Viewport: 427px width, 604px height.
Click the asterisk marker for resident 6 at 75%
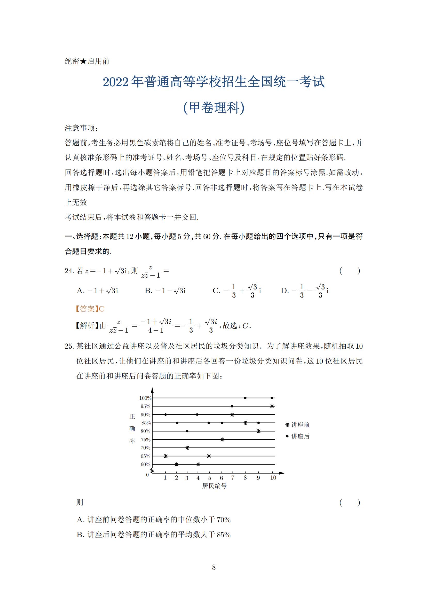pyautogui.click(x=222, y=439)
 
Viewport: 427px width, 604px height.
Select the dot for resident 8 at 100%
pyautogui.click(x=245, y=398)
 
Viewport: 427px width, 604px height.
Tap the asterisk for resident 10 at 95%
pyautogui.click(x=272, y=406)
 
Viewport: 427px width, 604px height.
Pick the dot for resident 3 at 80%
pyautogui.click(x=187, y=431)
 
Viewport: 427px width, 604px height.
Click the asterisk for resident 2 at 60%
pyautogui.click(x=176, y=464)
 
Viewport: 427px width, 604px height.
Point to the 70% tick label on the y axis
pyautogui.click(x=145, y=448)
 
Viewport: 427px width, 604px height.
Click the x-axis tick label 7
pyautogui.click(x=232, y=477)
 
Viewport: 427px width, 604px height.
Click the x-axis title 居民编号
pyautogui.click(x=214, y=486)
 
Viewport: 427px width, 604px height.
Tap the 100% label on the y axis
pyautogui.click(x=145, y=398)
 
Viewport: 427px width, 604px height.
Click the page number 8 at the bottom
pyautogui.click(x=213, y=567)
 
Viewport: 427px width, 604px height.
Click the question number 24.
pyautogui.click(x=69, y=271)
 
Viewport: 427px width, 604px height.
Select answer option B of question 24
pyautogui.click(x=165, y=291)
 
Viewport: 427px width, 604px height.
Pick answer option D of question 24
pyautogui.click(x=304, y=291)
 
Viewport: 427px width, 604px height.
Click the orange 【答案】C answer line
pyautogui.click(x=90, y=309)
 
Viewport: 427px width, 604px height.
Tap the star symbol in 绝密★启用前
pyautogui.click(x=83, y=61)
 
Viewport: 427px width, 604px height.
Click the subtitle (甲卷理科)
pyautogui.click(x=213, y=107)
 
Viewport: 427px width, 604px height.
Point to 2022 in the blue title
pyautogui.click(x=116, y=82)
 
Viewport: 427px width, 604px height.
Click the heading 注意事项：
pyautogui.click(x=82, y=128)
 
